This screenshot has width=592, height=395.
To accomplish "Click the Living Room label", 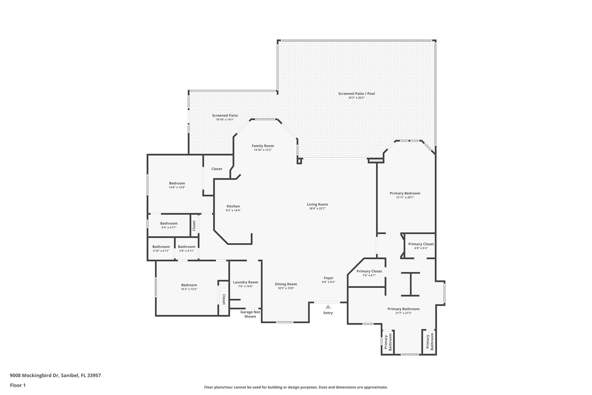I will pyautogui.click(x=317, y=204).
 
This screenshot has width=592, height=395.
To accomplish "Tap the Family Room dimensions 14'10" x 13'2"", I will pyautogui.click(x=263, y=150).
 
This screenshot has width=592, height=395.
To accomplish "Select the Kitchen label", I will pyautogui.click(x=233, y=206).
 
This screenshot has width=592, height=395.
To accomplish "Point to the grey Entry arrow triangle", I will pyautogui.click(x=328, y=307).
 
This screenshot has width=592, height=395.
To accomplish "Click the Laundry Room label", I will pyautogui.click(x=245, y=282).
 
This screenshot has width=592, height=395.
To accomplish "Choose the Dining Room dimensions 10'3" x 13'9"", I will pyautogui.click(x=286, y=288).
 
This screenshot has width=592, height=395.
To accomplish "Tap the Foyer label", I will pyautogui.click(x=328, y=278).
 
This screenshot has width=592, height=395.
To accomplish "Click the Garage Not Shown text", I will pyautogui.click(x=250, y=314).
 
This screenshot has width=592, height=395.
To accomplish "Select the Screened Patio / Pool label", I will pyautogui.click(x=356, y=93).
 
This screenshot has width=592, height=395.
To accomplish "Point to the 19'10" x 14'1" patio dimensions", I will pyautogui.click(x=225, y=120).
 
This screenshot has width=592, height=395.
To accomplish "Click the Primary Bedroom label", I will pyautogui.click(x=405, y=193).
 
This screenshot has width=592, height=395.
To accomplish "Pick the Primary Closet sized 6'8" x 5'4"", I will pyautogui.click(x=421, y=244).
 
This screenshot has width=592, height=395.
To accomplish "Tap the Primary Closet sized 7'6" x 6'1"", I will pyautogui.click(x=369, y=271).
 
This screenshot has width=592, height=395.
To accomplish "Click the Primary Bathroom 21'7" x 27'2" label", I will pyautogui.click(x=403, y=309).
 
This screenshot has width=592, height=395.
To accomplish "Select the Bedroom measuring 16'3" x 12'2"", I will pyautogui.click(x=189, y=285).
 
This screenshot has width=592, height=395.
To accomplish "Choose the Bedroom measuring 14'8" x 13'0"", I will pyautogui.click(x=177, y=183).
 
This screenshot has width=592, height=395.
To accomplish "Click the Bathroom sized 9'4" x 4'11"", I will pyautogui.click(x=169, y=223).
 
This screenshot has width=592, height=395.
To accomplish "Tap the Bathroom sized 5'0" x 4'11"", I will pyautogui.click(x=186, y=247).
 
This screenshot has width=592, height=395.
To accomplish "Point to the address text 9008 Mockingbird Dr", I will pyautogui.click(x=55, y=375).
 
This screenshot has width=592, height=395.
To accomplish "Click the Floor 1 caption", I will pyautogui.click(x=18, y=385).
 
